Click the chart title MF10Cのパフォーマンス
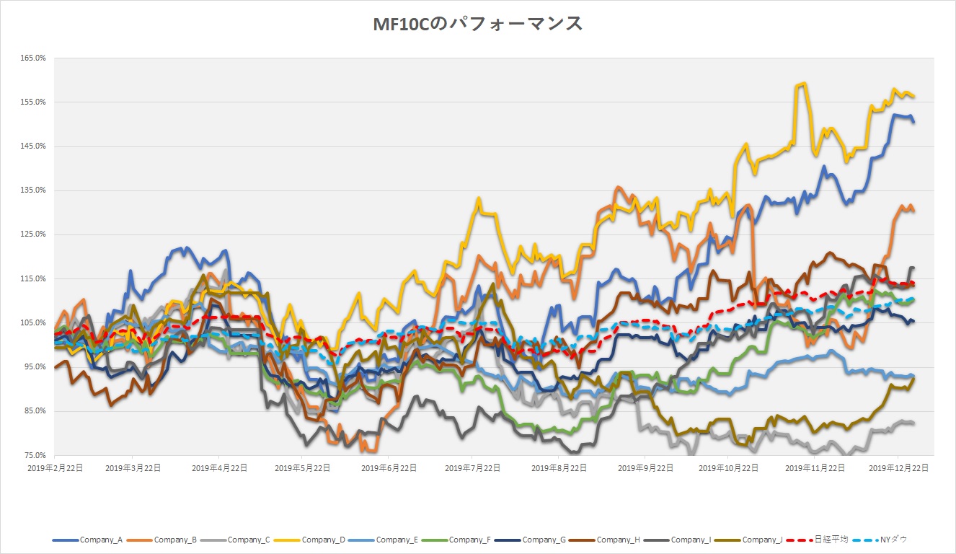[x=477, y=24]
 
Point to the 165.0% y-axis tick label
[x=35, y=58]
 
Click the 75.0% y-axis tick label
[x=36, y=455]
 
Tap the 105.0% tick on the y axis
[x=35, y=322]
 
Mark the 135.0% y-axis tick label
[x=35, y=190]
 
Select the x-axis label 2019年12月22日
[x=898, y=467]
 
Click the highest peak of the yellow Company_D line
[x=802, y=84]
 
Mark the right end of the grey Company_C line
[x=914, y=423]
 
